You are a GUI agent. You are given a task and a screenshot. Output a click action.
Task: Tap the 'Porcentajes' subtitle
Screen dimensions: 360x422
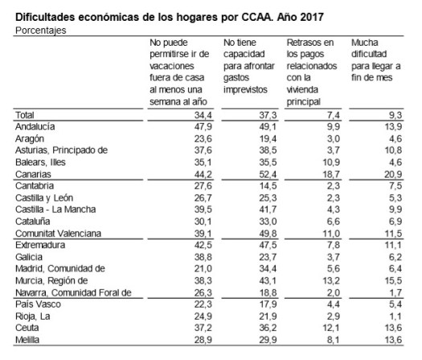tap(41, 29)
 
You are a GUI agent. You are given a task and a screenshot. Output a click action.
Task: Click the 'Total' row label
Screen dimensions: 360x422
tap(27, 116)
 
